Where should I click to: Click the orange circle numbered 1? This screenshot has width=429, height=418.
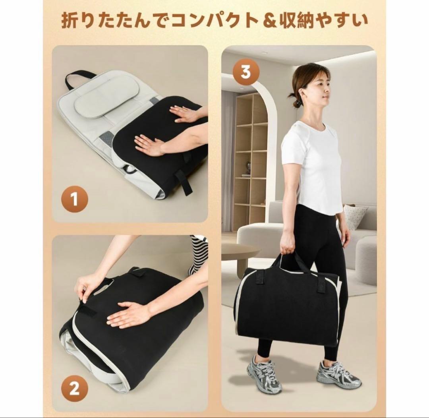(75, 199)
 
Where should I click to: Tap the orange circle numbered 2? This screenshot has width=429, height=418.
(75, 389)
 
